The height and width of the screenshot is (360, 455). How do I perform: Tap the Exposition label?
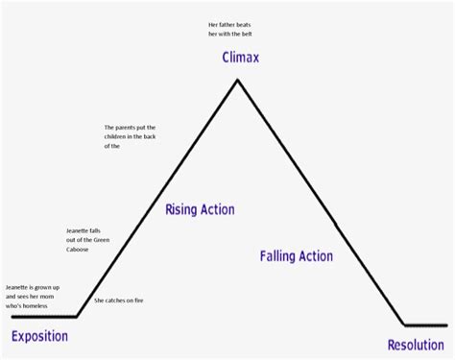pos(39,336)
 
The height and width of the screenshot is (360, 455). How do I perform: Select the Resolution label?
pos(416,345)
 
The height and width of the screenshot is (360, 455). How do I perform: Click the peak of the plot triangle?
pos(238,81)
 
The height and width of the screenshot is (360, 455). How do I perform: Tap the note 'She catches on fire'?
pos(119,301)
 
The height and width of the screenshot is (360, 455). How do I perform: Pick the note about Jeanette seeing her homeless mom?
pos(34,295)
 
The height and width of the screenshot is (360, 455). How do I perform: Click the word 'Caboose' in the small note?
pos(81,249)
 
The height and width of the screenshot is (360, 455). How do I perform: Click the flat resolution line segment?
pos(425,324)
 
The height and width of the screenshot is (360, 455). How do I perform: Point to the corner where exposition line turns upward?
pos(76,316)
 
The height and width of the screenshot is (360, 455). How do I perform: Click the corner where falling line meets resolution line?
pos(404,324)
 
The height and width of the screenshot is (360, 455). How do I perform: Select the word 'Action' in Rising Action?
pos(219,210)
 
